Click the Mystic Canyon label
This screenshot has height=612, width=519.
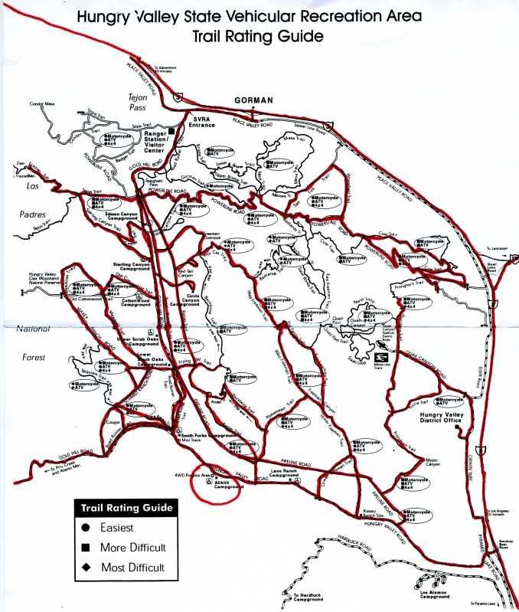[437, 463]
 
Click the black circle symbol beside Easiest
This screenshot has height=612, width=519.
[86, 528]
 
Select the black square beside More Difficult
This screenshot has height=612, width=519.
[86, 548]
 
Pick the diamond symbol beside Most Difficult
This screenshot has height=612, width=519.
[86, 568]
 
